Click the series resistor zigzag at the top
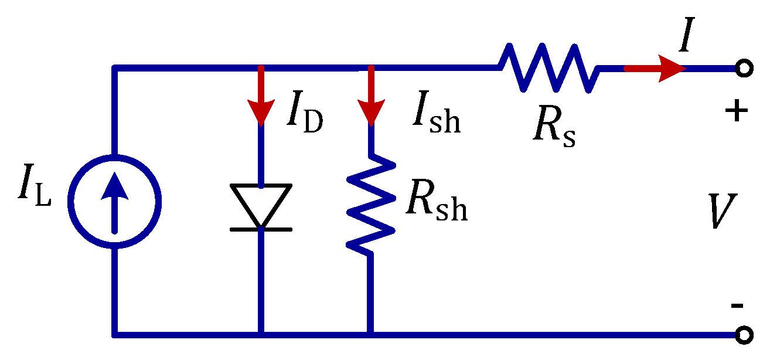(x=548, y=68)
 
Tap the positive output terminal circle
(x=743, y=69)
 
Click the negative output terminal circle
(x=743, y=335)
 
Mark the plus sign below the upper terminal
(x=737, y=111)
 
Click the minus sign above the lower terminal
(x=737, y=305)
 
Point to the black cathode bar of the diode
(x=261, y=229)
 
